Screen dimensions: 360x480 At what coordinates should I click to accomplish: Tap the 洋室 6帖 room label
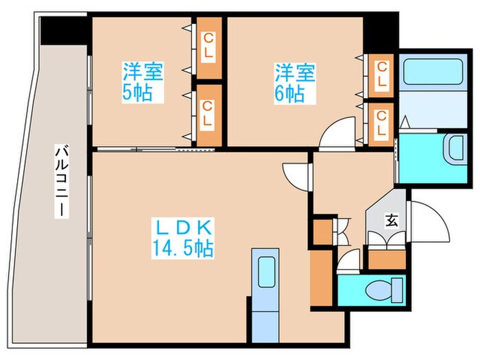tap(296, 82)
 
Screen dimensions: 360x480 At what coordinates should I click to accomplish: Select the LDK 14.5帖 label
tap(184, 238)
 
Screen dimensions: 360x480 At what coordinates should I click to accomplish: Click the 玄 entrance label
tap(392, 220)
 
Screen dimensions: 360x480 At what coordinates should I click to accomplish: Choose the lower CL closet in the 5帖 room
tap(208, 115)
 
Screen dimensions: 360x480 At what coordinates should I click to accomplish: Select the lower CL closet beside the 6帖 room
tap(381, 123)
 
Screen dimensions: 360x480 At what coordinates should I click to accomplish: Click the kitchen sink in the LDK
tap(265, 271)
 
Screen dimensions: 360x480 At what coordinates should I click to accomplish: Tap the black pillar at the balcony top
tap(64, 29)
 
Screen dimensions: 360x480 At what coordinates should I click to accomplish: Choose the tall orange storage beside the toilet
tap(320, 278)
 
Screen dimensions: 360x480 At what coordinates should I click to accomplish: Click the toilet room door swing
tap(348, 261)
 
